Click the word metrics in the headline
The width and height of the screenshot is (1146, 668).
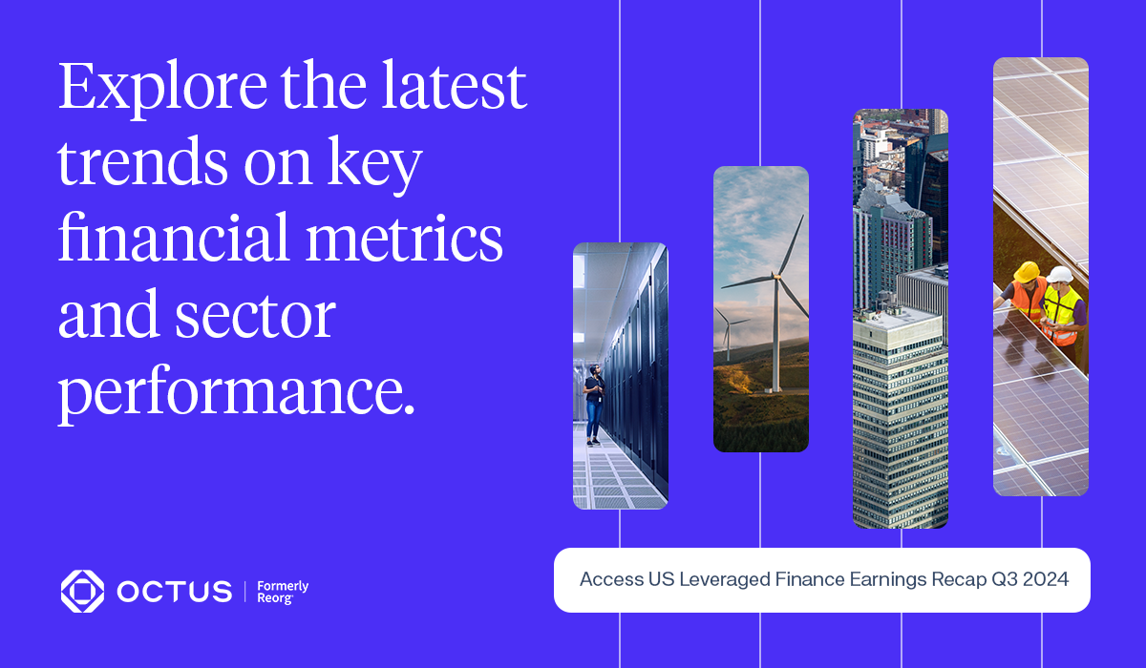coord(404,238)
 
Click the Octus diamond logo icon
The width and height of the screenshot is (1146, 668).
coord(82,591)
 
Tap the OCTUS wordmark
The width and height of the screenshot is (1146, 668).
coord(175,592)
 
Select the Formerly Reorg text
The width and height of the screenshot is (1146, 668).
coord(283,592)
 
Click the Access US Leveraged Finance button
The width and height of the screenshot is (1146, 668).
coord(821,580)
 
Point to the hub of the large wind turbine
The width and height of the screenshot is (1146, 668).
coord(776,278)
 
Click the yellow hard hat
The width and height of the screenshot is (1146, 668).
coord(1026,271)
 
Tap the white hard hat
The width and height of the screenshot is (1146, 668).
coord(1059,275)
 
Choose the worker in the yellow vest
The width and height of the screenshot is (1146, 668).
coord(1063,306)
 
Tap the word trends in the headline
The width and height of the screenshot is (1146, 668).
coord(142,163)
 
